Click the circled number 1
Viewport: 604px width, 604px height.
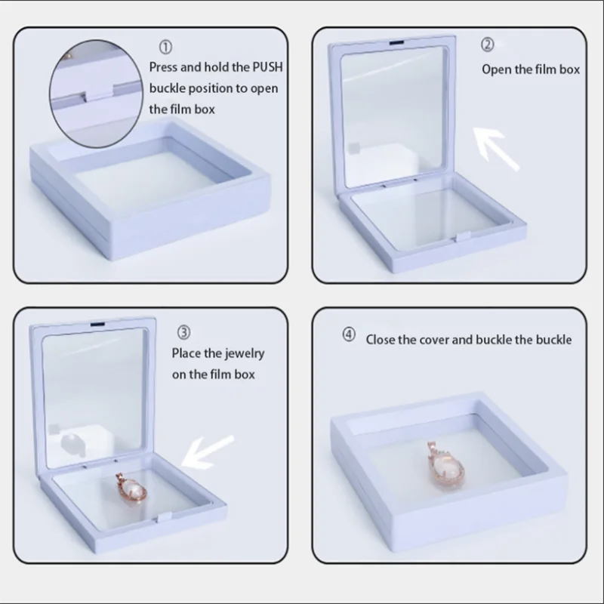pyautogui.click(x=165, y=48)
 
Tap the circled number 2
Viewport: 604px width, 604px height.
pyautogui.click(x=487, y=45)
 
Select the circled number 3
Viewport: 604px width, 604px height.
pyautogui.click(x=183, y=332)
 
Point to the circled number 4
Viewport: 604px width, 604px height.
pyautogui.click(x=349, y=334)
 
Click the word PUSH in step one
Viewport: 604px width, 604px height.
pyautogui.click(x=267, y=67)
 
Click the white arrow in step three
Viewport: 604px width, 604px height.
pyautogui.click(x=207, y=452)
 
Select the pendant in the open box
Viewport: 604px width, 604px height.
pyautogui.click(x=131, y=488)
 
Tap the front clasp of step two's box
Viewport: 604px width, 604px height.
pyautogui.click(x=462, y=236)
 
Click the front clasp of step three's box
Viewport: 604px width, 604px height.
pyautogui.click(x=165, y=517)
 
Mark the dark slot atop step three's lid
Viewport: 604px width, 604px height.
pyautogui.click(x=97, y=325)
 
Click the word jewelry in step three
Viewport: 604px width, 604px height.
pyautogui.click(x=245, y=354)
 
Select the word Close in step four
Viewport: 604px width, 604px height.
pyautogui.click(x=381, y=340)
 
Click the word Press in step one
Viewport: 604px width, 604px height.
pyautogui.click(x=163, y=67)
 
